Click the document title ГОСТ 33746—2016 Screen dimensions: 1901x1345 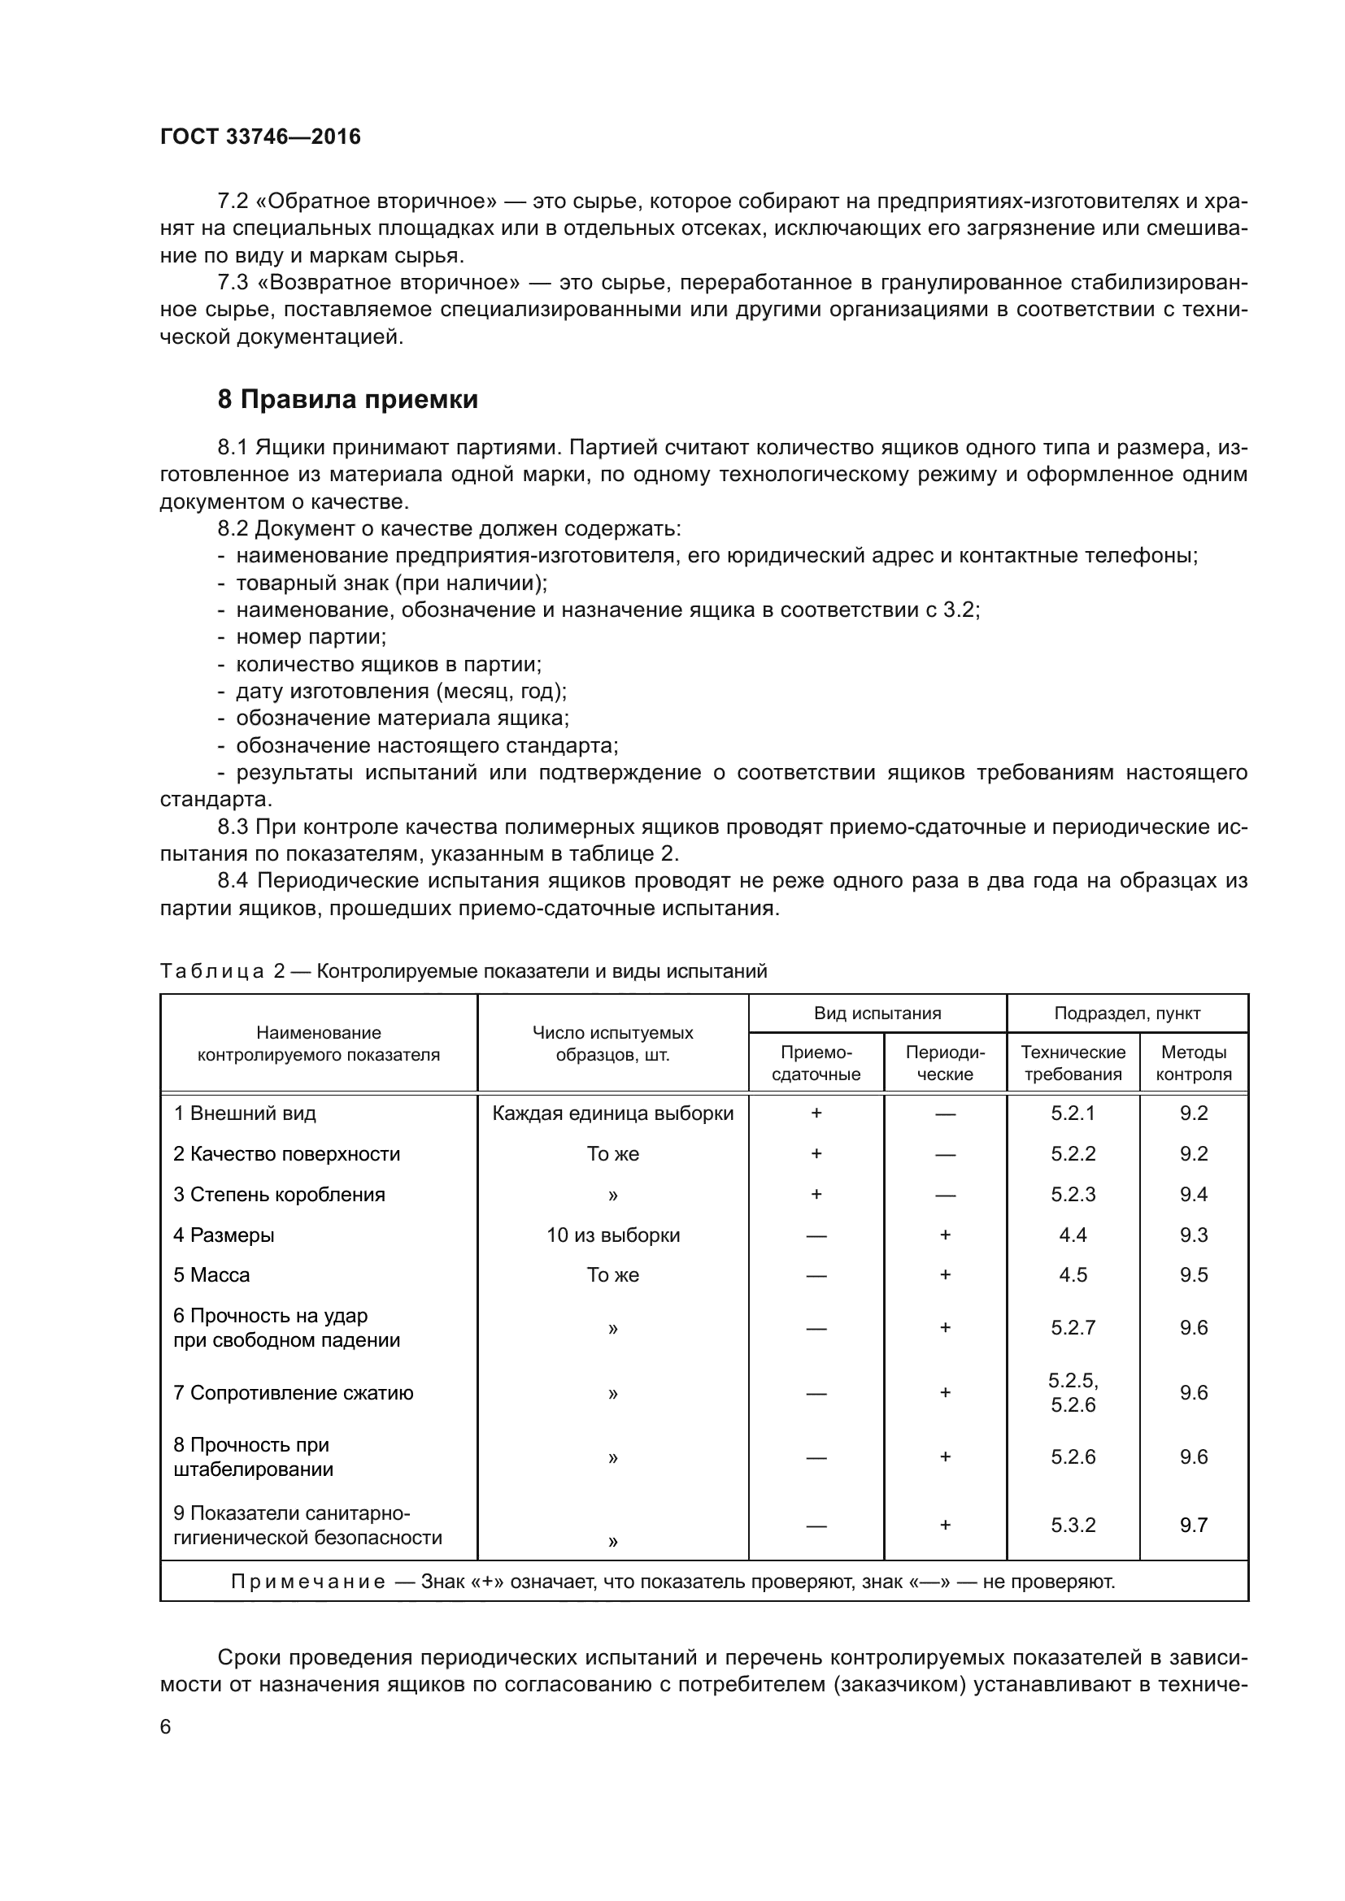pos(260,137)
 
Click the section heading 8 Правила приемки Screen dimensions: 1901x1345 pos(347,400)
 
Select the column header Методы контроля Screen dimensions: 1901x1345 pos(1194,1063)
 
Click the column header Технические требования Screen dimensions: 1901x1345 pos(1073,1063)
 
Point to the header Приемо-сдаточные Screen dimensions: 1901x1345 pos(816,1063)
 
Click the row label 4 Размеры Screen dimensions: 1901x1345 pos(224,1235)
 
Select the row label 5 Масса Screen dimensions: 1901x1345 pos(211,1275)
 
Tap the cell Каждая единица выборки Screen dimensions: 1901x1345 pos(613,1113)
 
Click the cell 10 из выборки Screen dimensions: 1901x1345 pos(613,1235)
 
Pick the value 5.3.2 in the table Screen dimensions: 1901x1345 pos(1073,1525)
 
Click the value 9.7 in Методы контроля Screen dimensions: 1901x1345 pos(1194,1525)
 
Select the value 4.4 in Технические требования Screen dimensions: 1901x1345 pos(1073,1235)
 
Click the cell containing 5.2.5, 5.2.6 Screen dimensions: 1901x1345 pos(1073,1393)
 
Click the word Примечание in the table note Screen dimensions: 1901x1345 pos(308,1582)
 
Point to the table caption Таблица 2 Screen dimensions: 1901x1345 pos(222,971)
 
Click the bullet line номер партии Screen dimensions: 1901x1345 pos(311,636)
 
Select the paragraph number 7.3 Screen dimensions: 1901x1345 pos(233,283)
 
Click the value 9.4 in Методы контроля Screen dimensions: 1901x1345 pos(1194,1194)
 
